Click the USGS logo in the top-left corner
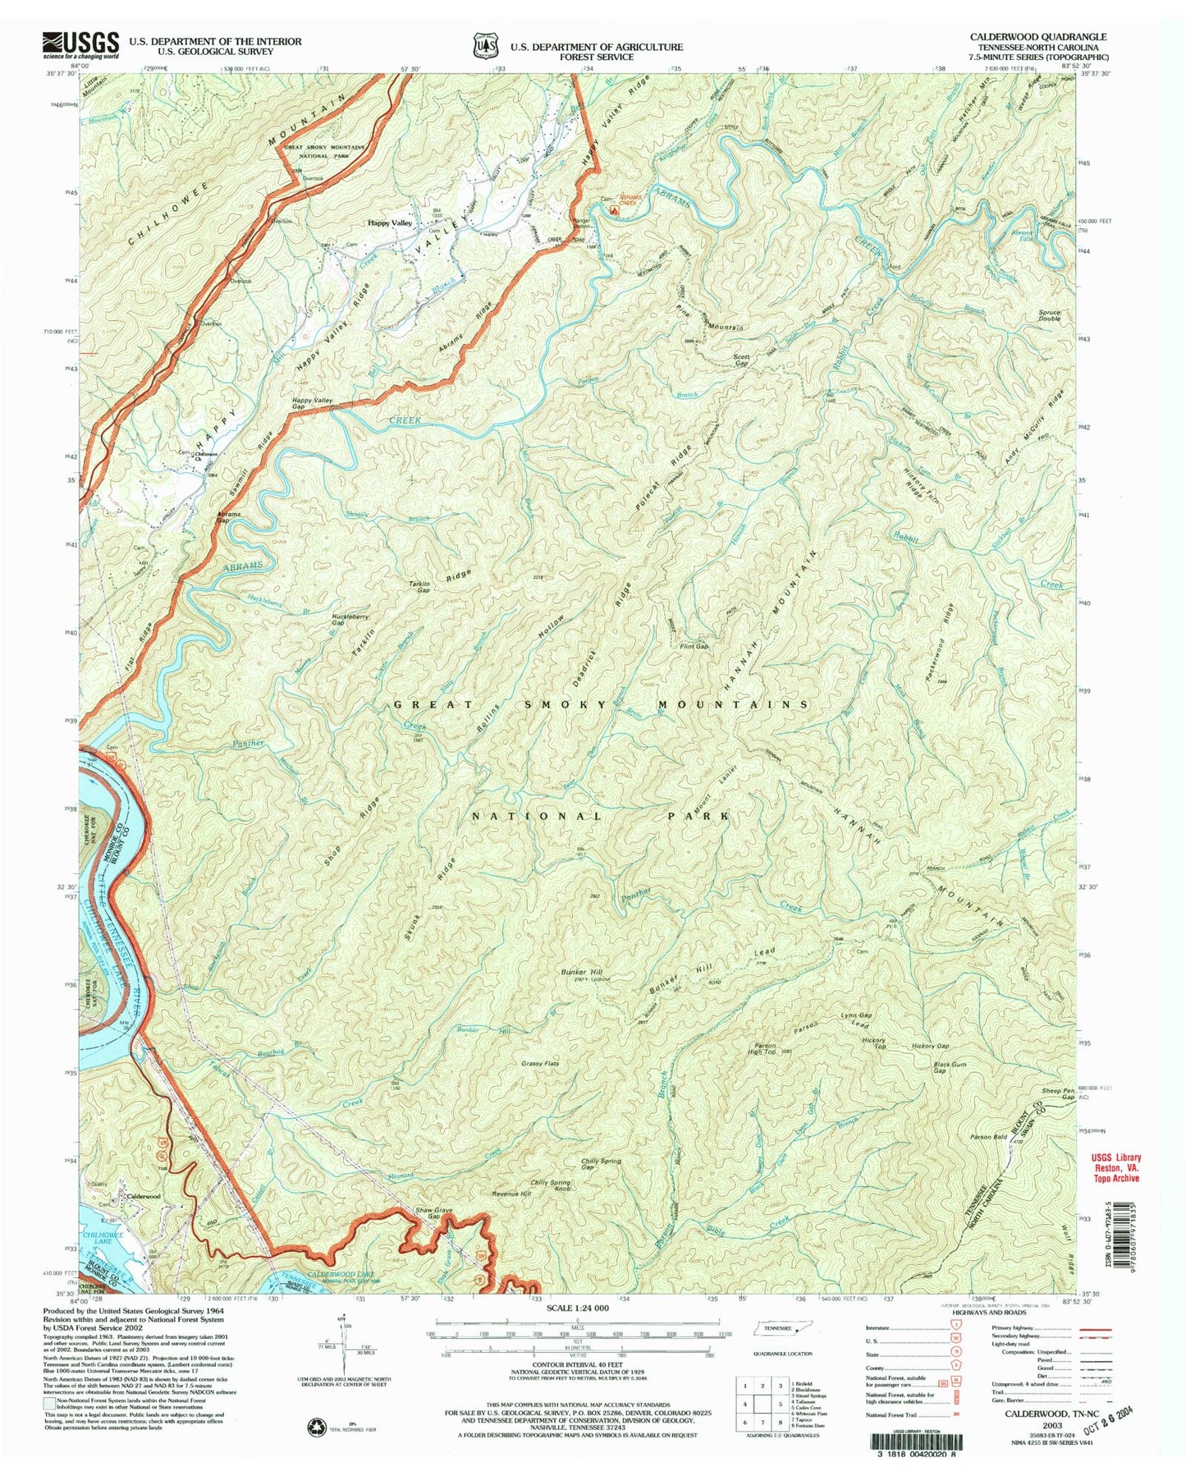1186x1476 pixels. pos(80,44)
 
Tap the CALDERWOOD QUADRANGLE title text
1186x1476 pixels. pos(1037,37)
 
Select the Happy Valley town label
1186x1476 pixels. pos(390,223)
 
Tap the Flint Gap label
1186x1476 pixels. pos(694,647)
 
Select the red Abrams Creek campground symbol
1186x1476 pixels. pos(615,210)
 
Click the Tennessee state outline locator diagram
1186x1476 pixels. pos(772,1351)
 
